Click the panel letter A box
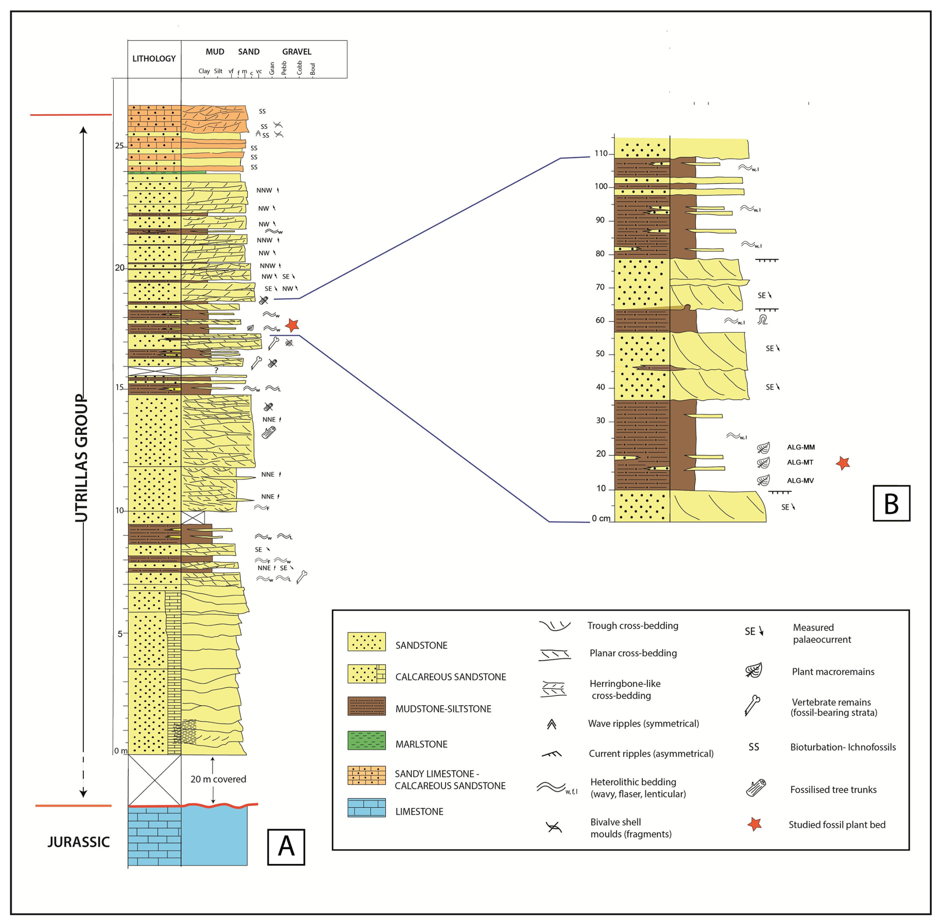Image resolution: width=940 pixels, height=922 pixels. pyautogui.click(x=286, y=847)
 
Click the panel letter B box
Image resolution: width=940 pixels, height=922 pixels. pyautogui.click(x=891, y=503)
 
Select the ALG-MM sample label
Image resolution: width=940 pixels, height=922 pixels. pyautogui.click(x=801, y=447)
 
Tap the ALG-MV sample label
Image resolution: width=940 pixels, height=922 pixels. pyautogui.click(x=800, y=481)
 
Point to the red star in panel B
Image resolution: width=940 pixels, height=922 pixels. pyautogui.click(x=842, y=463)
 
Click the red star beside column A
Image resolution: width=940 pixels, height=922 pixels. pyautogui.click(x=292, y=325)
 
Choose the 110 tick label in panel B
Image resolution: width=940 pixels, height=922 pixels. pyautogui.click(x=601, y=154)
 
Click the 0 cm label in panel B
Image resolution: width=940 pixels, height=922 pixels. pyautogui.click(x=601, y=519)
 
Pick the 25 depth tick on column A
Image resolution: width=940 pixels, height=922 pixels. pyautogui.click(x=119, y=146)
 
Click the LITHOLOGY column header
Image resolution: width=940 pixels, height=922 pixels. pyautogui.click(x=154, y=59)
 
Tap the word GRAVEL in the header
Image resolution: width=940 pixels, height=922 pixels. pyautogui.click(x=297, y=52)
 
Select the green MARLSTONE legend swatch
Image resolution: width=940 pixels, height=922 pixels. pyautogui.click(x=366, y=740)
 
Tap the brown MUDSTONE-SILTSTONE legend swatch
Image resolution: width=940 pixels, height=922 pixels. pyautogui.click(x=366, y=706)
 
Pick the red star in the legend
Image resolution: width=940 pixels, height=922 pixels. pyautogui.click(x=754, y=824)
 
